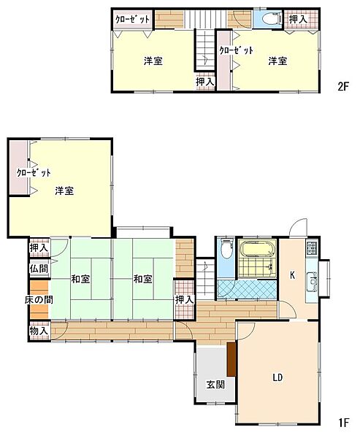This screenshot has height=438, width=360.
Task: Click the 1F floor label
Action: [343, 422]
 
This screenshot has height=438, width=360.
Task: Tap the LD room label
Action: [277, 377]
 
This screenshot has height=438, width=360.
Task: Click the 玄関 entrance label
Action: [214, 385]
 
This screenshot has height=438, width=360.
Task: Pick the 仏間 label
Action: [38, 268]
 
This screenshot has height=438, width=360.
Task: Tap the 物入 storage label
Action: [38, 331]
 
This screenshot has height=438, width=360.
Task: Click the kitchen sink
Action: [313, 280]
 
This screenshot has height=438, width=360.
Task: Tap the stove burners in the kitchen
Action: [312, 247]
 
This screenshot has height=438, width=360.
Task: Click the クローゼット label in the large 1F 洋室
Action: [34, 173]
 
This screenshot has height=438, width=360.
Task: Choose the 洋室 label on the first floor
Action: [64, 191]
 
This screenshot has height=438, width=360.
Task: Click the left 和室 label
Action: [80, 279]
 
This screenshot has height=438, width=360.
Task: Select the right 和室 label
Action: [142, 279]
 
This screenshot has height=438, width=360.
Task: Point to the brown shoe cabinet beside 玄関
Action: [231, 358]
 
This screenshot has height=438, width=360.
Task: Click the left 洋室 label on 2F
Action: [153, 61]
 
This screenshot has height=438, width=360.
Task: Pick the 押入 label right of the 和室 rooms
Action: [184, 300]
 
